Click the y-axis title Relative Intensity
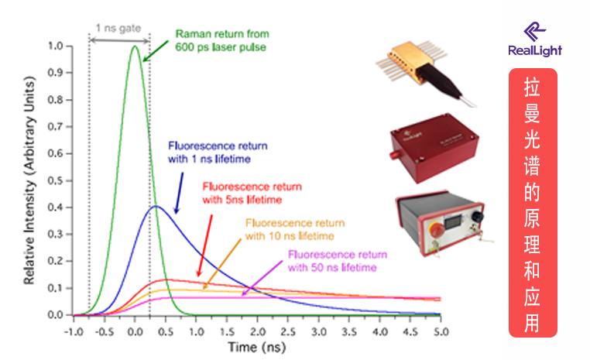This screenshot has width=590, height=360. coord(29,181)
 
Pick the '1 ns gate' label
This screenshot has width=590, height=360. coord(118,27)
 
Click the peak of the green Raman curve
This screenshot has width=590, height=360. coord(135,46)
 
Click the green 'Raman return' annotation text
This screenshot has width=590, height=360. coord(221,40)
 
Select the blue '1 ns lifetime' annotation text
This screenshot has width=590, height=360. coord(211,151)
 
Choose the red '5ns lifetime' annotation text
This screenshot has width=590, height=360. coord(252,194)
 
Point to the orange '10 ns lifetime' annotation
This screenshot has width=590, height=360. coord(295,229)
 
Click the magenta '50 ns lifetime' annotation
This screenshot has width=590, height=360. coord(337,261)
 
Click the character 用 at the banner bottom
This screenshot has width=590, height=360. coord(533,321)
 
